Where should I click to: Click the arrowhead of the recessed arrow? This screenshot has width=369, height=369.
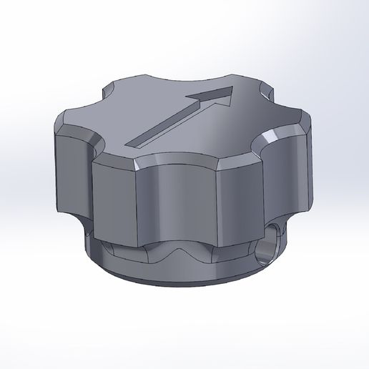(x=219, y=96)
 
